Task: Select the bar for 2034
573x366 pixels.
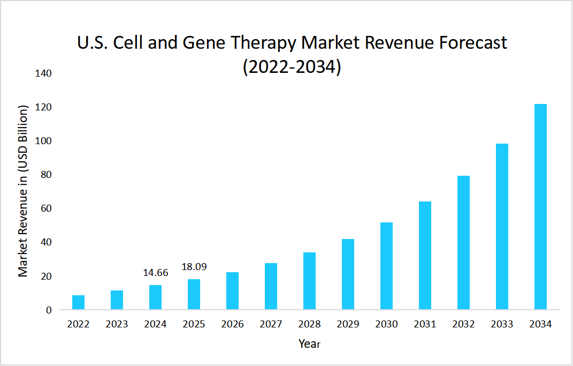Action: click(540, 207)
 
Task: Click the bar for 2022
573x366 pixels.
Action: click(78, 302)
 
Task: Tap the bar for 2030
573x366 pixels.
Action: click(386, 266)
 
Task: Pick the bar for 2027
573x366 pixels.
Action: click(271, 286)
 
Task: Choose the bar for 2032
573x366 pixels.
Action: click(463, 242)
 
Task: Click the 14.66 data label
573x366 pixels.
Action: click(155, 273)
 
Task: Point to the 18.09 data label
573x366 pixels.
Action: click(194, 267)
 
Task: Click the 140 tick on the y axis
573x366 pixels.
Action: click(43, 73)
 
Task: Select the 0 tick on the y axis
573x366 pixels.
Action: click(48, 310)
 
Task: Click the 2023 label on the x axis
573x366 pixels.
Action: click(117, 324)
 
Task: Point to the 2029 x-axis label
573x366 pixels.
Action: click(348, 324)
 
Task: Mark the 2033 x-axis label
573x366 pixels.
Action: click(502, 324)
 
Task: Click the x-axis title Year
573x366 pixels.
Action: click(309, 343)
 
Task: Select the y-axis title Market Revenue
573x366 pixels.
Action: click(22, 192)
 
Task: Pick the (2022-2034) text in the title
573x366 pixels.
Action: click(292, 68)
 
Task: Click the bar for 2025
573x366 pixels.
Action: click(194, 294)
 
